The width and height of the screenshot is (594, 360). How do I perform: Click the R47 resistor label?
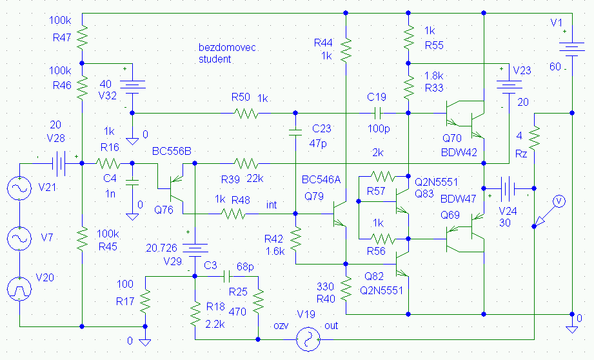click(x=61, y=38)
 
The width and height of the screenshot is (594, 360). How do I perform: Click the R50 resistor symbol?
click(x=246, y=114)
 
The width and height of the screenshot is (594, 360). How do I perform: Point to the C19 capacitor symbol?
click(x=377, y=113)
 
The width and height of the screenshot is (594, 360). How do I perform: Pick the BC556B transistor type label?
click(x=172, y=152)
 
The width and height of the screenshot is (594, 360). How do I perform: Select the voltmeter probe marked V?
click(x=560, y=202)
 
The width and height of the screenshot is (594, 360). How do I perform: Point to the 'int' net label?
click(x=272, y=205)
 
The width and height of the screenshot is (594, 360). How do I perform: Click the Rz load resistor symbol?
click(x=535, y=137)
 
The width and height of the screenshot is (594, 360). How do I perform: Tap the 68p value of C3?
click(x=245, y=265)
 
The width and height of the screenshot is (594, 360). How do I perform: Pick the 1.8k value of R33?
click(x=435, y=76)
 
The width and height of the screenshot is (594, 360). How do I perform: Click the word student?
click(x=215, y=59)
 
